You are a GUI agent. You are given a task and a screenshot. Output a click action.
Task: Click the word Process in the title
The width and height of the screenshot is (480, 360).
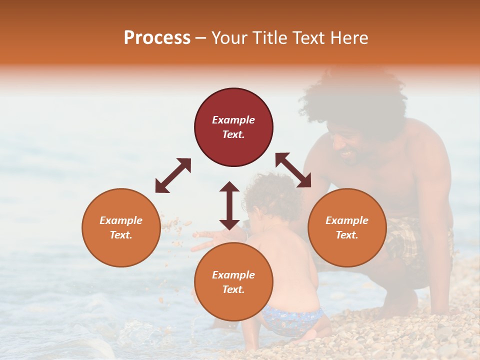(157, 38)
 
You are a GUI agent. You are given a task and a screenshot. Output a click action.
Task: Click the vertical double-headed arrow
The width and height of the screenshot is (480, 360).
(229, 205)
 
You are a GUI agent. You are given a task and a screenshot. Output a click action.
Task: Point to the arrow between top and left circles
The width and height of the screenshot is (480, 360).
(173, 175)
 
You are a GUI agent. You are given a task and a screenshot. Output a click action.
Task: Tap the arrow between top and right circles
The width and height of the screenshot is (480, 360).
(293, 170)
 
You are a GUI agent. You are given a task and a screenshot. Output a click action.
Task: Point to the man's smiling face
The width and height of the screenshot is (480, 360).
(347, 145)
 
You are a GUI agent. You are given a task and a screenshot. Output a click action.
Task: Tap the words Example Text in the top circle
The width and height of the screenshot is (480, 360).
(233, 127)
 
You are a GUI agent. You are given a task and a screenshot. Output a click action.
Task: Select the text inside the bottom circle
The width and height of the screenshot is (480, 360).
(233, 282)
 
